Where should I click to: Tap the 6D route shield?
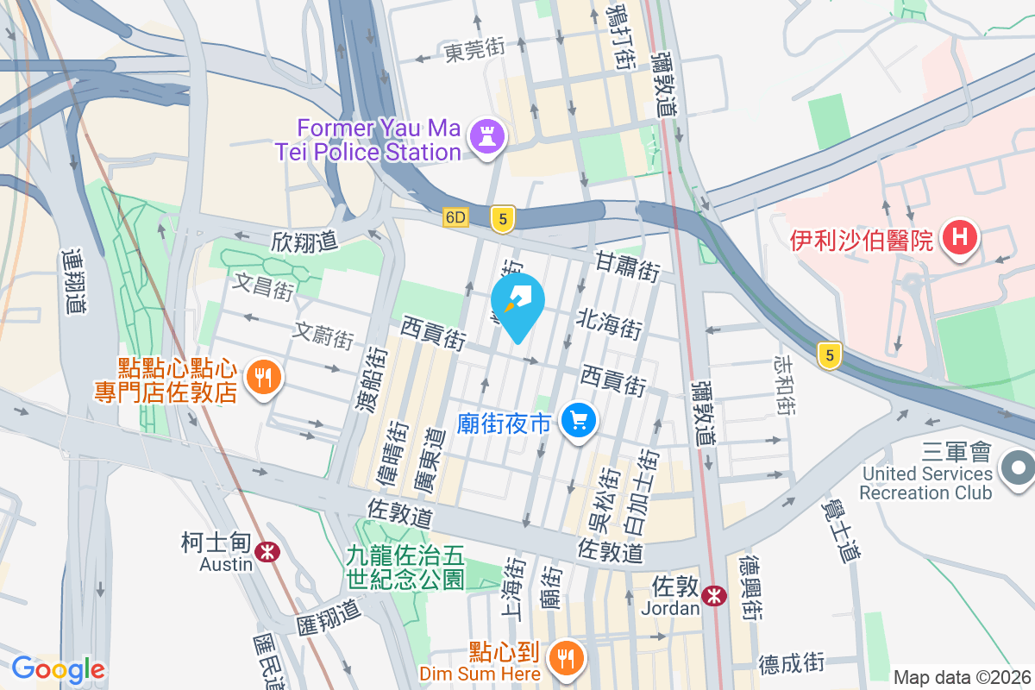(x=455, y=217)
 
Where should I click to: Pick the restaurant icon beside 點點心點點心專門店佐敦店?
(x=260, y=377)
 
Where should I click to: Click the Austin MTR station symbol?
(x=269, y=550)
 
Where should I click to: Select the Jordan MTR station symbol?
(x=713, y=595)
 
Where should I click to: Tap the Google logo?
(x=58, y=669)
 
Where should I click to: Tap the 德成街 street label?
(x=792, y=663)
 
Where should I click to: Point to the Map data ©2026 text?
(x=962, y=677)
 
